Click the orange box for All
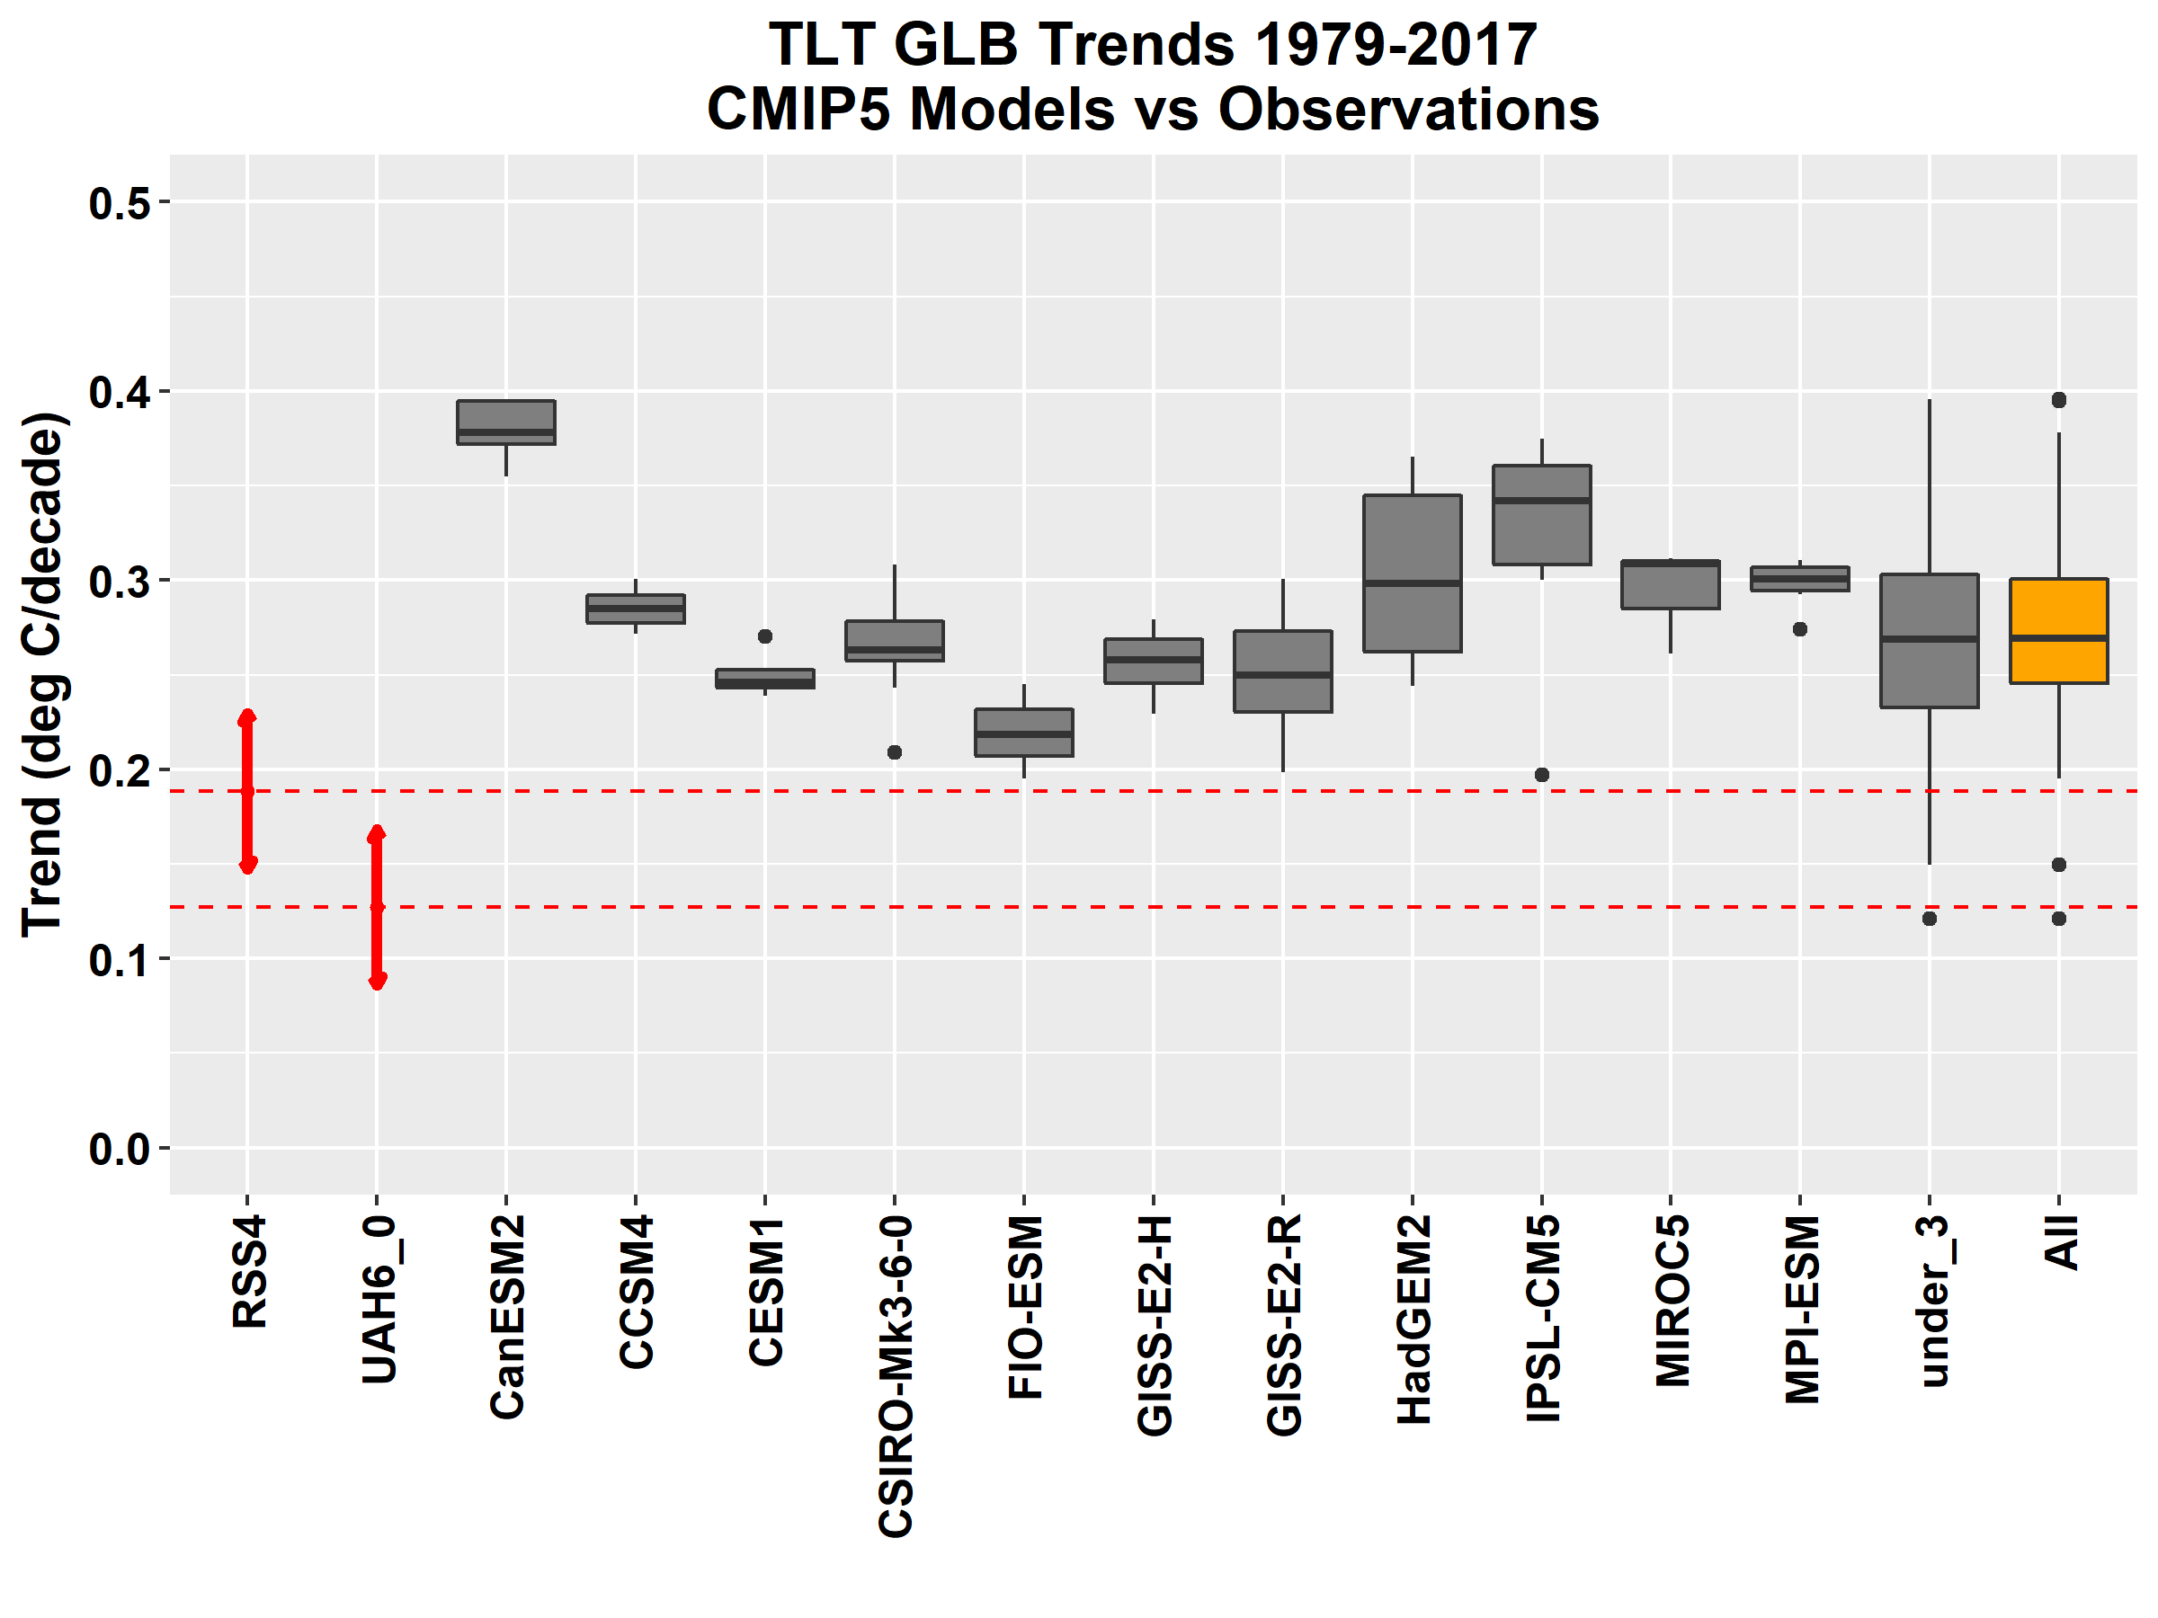tap(2058, 631)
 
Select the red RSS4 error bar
tap(248, 791)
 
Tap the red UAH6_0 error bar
tap(377, 906)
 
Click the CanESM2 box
tap(506, 422)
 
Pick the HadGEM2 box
tap(1412, 573)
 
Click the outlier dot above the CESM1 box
tap(765, 636)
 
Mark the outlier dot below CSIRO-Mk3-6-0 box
tap(895, 753)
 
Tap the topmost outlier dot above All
tap(2058, 400)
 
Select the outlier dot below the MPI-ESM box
tap(1800, 629)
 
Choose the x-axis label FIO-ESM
tap(1025, 1307)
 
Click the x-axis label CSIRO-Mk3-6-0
tap(896, 1376)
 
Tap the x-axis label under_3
tap(1931, 1301)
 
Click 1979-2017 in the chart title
tap(1396, 45)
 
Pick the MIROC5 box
tap(1671, 585)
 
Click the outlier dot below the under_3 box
tap(1929, 919)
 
